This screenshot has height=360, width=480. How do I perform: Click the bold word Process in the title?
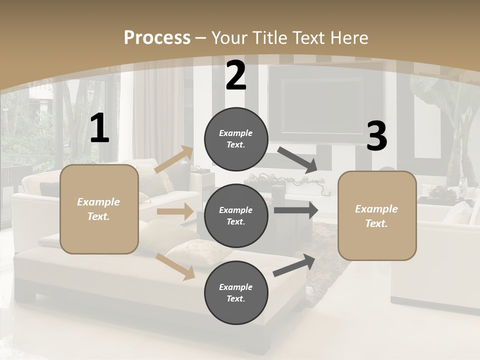[x=157, y=38]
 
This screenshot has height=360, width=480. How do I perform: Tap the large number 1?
[x=99, y=128]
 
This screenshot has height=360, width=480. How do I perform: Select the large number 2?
[x=236, y=76]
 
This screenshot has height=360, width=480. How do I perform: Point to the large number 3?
[x=376, y=136]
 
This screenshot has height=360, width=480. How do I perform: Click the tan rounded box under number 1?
[x=99, y=209]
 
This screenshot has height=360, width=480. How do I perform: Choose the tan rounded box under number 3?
[x=377, y=216]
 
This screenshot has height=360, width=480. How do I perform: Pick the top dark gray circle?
[x=236, y=139]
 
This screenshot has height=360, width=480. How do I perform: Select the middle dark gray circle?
[x=236, y=215]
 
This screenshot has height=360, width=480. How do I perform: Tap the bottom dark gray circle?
[x=236, y=292]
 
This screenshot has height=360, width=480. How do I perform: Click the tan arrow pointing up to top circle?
[x=174, y=159]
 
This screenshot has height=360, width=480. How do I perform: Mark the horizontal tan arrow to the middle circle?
[x=175, y=211]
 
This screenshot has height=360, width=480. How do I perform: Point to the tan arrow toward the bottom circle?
[x=175, y=266]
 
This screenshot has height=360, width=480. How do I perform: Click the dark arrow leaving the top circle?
[x=297, y=160]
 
